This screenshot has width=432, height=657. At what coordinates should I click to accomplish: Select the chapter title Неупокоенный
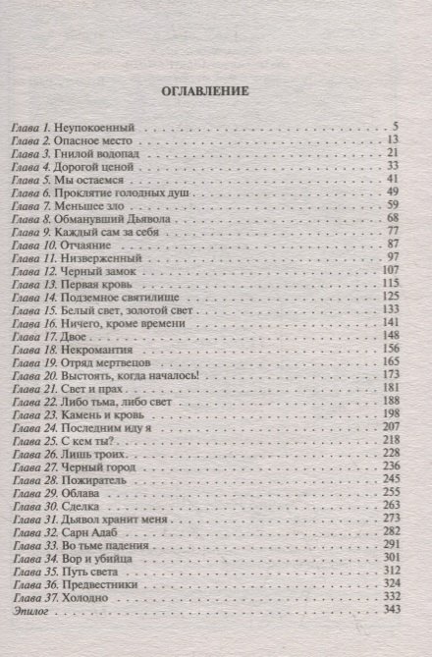click(101, 129)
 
